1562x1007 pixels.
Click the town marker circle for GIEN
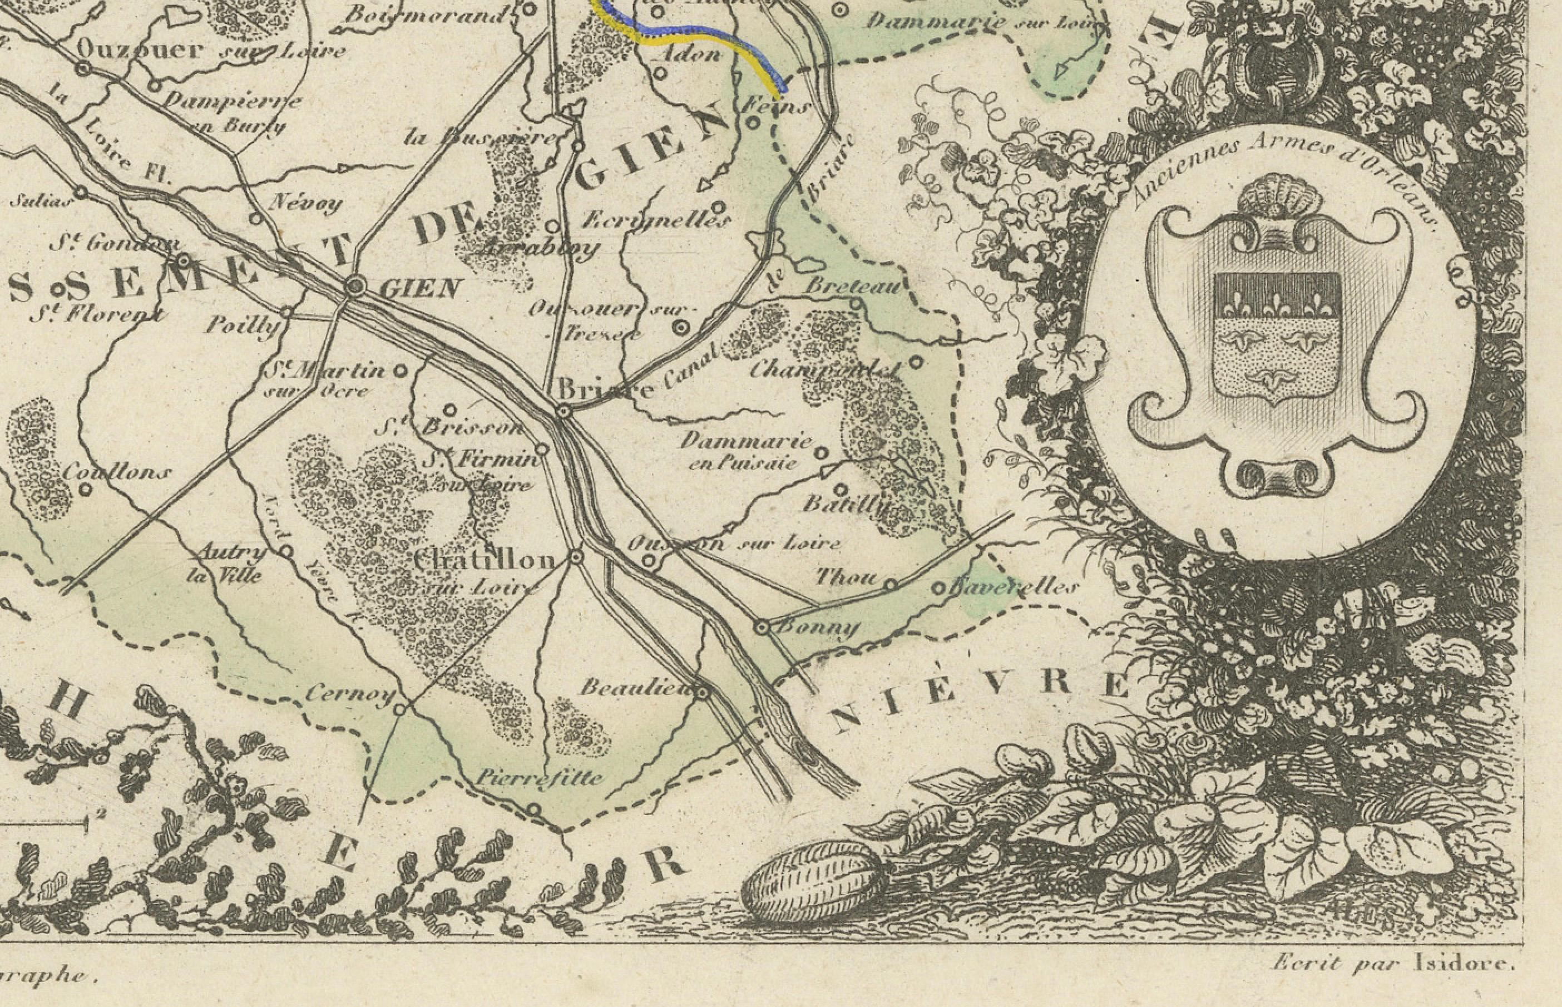tap(355, 286)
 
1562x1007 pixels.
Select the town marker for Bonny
tap(761, 627)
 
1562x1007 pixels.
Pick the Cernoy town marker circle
tap(400, 708)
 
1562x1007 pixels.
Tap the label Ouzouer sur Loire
tap(209, 50)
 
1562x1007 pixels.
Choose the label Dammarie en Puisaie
tap(745, 451)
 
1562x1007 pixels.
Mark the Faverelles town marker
tap(937, 589)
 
